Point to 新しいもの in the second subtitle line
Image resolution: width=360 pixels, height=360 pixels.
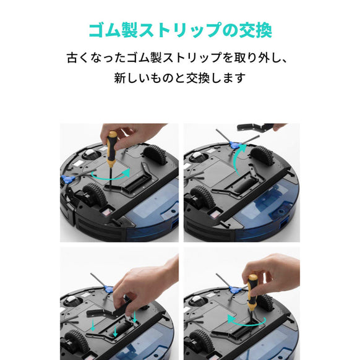pyautogui.click(x=144, y=79)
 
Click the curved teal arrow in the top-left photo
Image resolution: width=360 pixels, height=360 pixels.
pyautogui.click(x=106, y=177)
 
